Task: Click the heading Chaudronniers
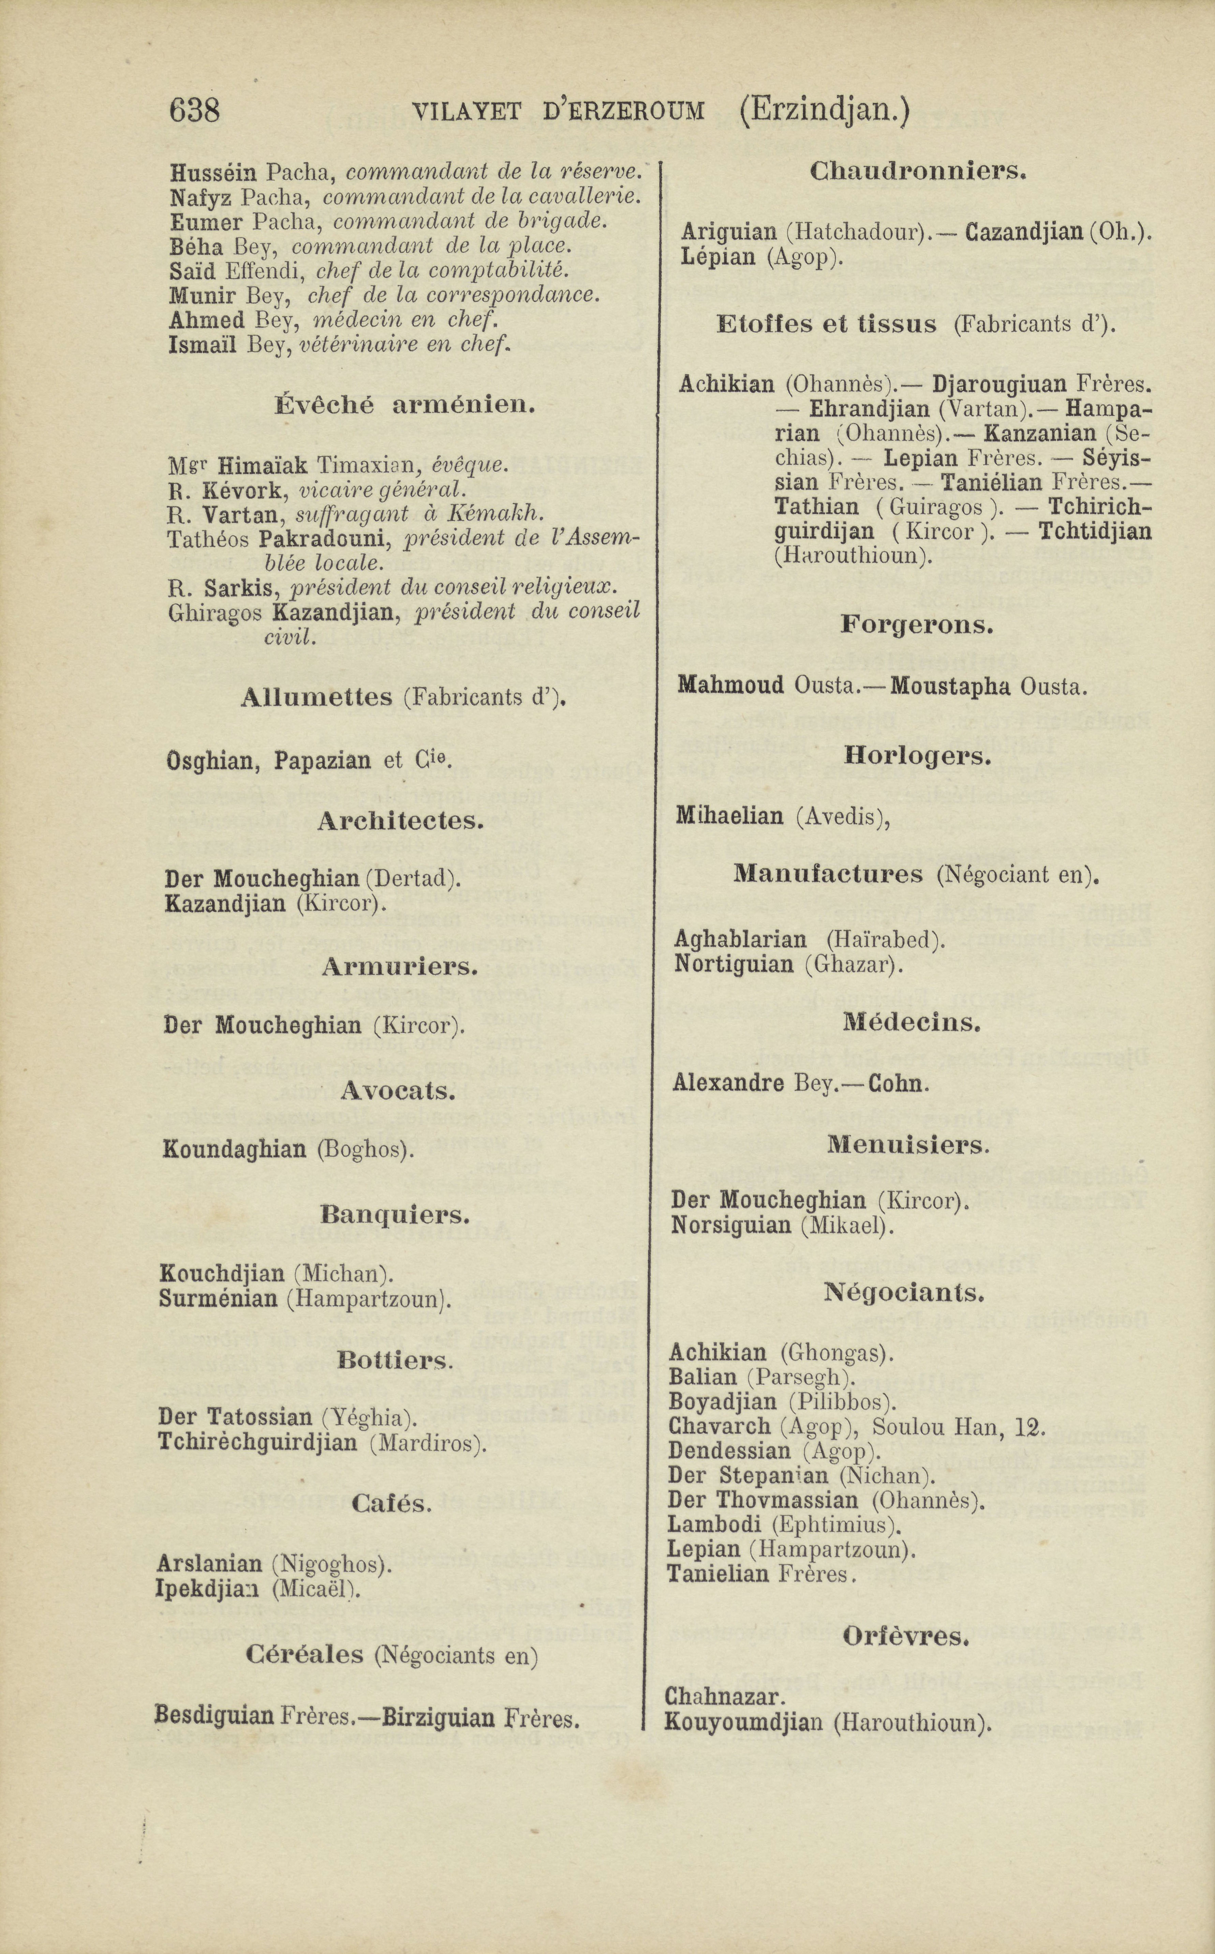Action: click(x=918, y=171)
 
